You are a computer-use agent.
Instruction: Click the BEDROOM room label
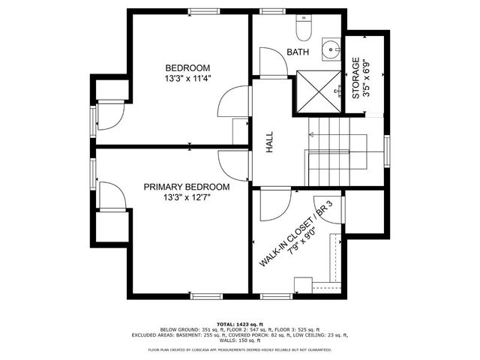click(x=187, y=67)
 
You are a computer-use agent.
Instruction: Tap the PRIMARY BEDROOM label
click(x=187, y=187)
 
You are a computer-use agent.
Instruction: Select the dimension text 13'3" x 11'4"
click(x=187, y=78)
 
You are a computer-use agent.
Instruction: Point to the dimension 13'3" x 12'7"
click(x=187, y=198)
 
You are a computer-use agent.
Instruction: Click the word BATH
click(x=297, y=52)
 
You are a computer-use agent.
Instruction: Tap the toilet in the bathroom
click(x=303, y=29)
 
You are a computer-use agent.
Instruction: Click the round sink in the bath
click(x=331, y=49)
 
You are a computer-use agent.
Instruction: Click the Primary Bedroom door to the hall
click(x=234, y=163)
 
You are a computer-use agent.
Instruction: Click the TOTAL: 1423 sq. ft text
click(x=239, y=323)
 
